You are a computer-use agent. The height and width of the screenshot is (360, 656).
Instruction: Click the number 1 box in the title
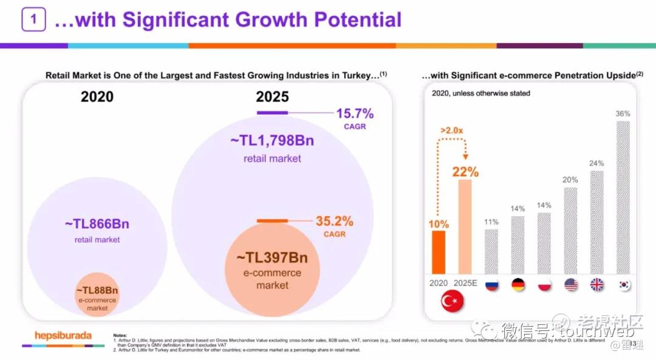pos(34,19)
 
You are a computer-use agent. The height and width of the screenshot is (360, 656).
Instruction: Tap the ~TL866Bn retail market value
pos(97,223)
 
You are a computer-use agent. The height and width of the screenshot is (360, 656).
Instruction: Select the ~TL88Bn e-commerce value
pos(97,290)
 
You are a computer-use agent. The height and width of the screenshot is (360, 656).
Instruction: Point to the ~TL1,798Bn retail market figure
pos(272,141)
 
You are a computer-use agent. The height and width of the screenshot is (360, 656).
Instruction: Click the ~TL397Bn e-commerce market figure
pos(272,257)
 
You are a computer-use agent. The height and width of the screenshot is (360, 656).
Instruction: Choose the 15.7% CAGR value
pos(355,114)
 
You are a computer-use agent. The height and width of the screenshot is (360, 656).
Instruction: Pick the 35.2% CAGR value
pos(334,221)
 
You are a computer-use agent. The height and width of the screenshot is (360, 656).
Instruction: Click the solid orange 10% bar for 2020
pos(439,252)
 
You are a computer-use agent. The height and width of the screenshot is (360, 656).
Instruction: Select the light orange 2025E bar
pos(465,226)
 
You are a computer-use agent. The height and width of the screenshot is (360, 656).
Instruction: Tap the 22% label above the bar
pos(465,172)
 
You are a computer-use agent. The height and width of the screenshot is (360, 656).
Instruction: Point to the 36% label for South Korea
pos(623,114)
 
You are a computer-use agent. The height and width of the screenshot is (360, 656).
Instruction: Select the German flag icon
pos(518,285)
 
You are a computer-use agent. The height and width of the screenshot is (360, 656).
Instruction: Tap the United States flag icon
pos(571,285)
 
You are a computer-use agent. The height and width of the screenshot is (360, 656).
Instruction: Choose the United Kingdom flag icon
pos(597,285)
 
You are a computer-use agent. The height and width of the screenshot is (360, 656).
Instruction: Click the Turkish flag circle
pos(452,302)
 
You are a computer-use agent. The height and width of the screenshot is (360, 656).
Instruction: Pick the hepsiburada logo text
pos(63,335)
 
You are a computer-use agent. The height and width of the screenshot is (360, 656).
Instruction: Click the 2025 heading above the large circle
pos(272,97)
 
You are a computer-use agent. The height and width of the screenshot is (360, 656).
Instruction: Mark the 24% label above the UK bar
pos(597,163)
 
